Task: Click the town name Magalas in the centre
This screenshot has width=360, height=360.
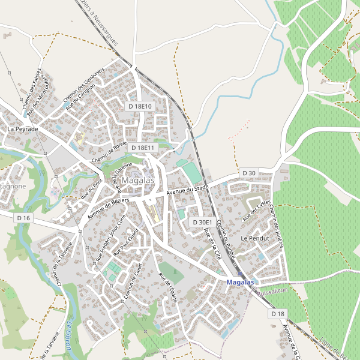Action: click(137, 181)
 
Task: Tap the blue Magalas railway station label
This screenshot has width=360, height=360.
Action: click(241, 282)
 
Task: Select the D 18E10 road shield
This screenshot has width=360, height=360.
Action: click(141, 106)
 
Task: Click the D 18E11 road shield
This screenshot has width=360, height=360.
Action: click(142, 148)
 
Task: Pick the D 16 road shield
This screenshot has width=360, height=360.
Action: click(23, 218)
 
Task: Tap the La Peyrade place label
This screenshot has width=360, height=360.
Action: click(23, 129)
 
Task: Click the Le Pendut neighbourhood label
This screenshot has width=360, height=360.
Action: click(254, 238)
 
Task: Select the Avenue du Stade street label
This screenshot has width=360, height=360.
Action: click(187, 191)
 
